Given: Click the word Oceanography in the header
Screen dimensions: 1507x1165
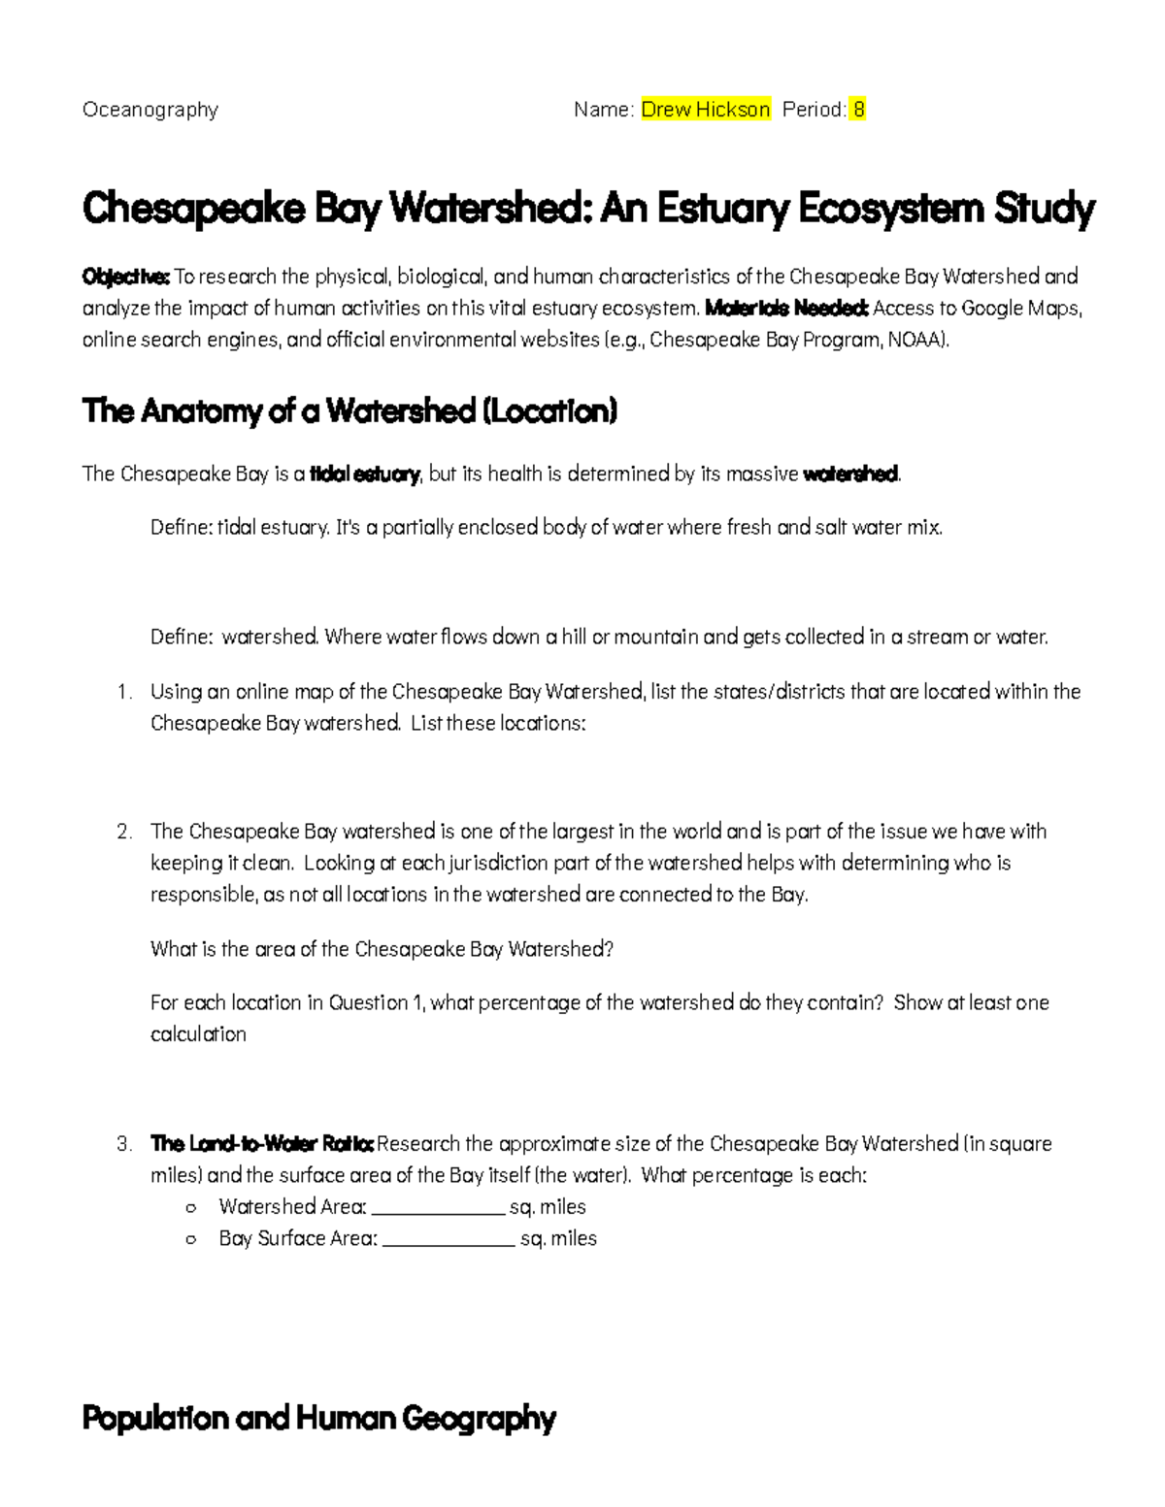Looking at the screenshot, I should [150, 110].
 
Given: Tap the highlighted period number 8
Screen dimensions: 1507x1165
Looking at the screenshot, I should [857, 110].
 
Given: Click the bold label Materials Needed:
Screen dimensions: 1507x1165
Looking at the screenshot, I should [786, 309].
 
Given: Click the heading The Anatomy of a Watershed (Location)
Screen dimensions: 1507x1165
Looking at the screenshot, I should [349, 411].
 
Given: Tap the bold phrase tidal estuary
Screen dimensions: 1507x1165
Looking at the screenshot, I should [364, 475].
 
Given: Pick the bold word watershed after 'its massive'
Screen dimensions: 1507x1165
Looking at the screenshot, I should [851, 475].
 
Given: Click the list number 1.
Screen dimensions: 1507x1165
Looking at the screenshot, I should [123, 692].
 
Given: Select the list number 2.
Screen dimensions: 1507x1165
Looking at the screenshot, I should [123, 832].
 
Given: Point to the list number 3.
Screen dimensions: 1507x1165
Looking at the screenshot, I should [123, 1144].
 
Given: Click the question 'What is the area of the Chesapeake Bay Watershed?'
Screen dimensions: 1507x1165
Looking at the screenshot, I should [382, 949].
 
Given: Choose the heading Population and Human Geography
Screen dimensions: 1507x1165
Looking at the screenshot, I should [318, 1419].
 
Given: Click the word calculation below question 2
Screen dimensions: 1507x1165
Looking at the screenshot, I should [198, 1034].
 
